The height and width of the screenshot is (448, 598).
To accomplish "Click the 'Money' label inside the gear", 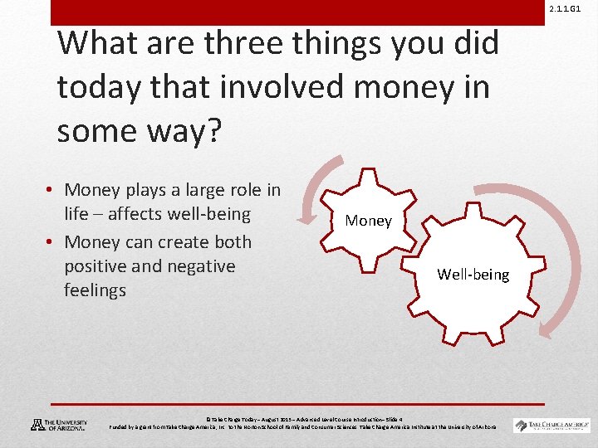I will pyautogui.click(x=368, y=221).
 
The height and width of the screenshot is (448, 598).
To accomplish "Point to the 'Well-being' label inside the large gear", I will pyautogui.click(x=473, y=275).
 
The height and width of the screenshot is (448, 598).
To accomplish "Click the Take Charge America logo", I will pyautogui.click(x=551, y=425).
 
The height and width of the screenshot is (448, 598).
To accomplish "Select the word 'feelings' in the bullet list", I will pyautogui.click(x=95, y=290).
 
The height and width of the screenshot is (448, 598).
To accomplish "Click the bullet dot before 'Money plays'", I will pyautogui.click(x=51, y=191).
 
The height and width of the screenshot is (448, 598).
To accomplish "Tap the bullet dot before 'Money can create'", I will pyautogui.click(x=51, y=242).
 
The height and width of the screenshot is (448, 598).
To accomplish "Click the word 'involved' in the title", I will pyautogui.click(x=252, y=87).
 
